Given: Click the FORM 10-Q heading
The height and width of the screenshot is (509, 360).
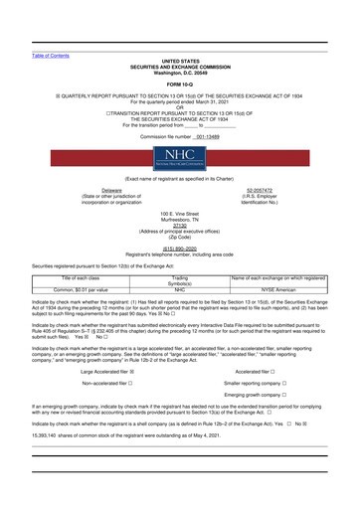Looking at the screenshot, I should tap(179, 82).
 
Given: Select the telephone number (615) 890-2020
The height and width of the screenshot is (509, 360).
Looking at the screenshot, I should tap(179, 251).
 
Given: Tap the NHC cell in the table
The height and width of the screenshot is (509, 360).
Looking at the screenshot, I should tap(179, 290).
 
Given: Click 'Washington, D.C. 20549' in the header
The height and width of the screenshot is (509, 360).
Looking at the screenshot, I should tap(179, 72).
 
